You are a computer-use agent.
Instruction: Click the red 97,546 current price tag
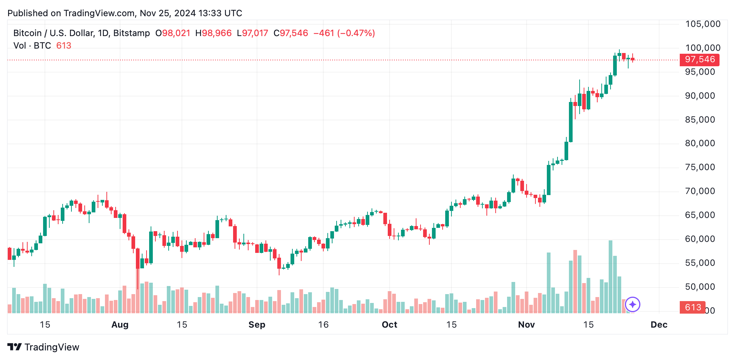coord(699,60)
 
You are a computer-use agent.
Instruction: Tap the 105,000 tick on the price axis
coord(703,24)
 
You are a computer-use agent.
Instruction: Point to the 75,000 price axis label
coord(700,167)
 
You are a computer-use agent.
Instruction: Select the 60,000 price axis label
coord(700,239)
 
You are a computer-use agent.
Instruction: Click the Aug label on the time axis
coord(120,325)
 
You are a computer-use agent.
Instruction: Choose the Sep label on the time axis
coord(257,325)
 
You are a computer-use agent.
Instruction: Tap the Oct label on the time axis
coord(389,325)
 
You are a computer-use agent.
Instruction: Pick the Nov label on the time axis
coord(526,325)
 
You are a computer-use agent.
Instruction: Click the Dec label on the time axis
coord(659,325)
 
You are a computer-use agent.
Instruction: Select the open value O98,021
coord(173,33)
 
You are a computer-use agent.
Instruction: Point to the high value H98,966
coord(213,33)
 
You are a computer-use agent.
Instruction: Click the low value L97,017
coord(252,33)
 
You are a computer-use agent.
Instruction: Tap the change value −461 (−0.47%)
coord(344,33)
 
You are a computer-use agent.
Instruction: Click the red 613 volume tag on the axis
coord(693,307)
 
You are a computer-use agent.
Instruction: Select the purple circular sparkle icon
coord(633,304)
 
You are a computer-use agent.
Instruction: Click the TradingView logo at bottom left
coord(43,347)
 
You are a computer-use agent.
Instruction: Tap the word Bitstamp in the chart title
coord(131,33)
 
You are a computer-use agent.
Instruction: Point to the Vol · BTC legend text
coord(32,46)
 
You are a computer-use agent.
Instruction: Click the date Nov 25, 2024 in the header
coord(168,13)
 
